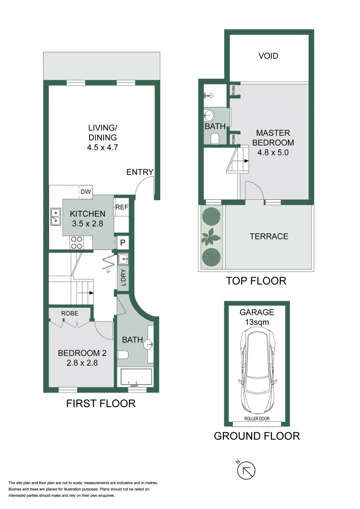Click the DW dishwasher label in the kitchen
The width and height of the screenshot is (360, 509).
(x=85, y=192)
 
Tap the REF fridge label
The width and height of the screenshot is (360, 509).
(x=122, y=207)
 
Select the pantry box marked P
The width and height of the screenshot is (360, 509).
(x=123, y=243)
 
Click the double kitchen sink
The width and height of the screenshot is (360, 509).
(x=56, y=215)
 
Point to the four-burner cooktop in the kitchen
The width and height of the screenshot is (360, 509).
(x=76, y=242)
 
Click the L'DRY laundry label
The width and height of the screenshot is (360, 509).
(x=123, y=278)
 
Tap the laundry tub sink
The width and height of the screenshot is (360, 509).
(x=123, y=258)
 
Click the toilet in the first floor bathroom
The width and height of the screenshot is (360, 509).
(x=123, y=356)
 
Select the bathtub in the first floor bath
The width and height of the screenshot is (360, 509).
(x=137, y=377)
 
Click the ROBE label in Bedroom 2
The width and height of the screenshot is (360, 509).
(x=70, y=313)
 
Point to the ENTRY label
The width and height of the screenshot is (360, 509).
(x=140, y=172)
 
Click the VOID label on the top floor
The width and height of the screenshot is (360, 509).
(x=268, y=56)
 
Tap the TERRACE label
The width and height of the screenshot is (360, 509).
(x=269, y=236)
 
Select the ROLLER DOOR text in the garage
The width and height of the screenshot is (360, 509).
(x=257, y=419)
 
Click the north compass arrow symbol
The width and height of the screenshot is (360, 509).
(x=246, y=470)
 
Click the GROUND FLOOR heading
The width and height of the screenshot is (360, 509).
(x=257, y=436)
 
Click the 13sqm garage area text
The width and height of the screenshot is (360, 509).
(x=257, y=322)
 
